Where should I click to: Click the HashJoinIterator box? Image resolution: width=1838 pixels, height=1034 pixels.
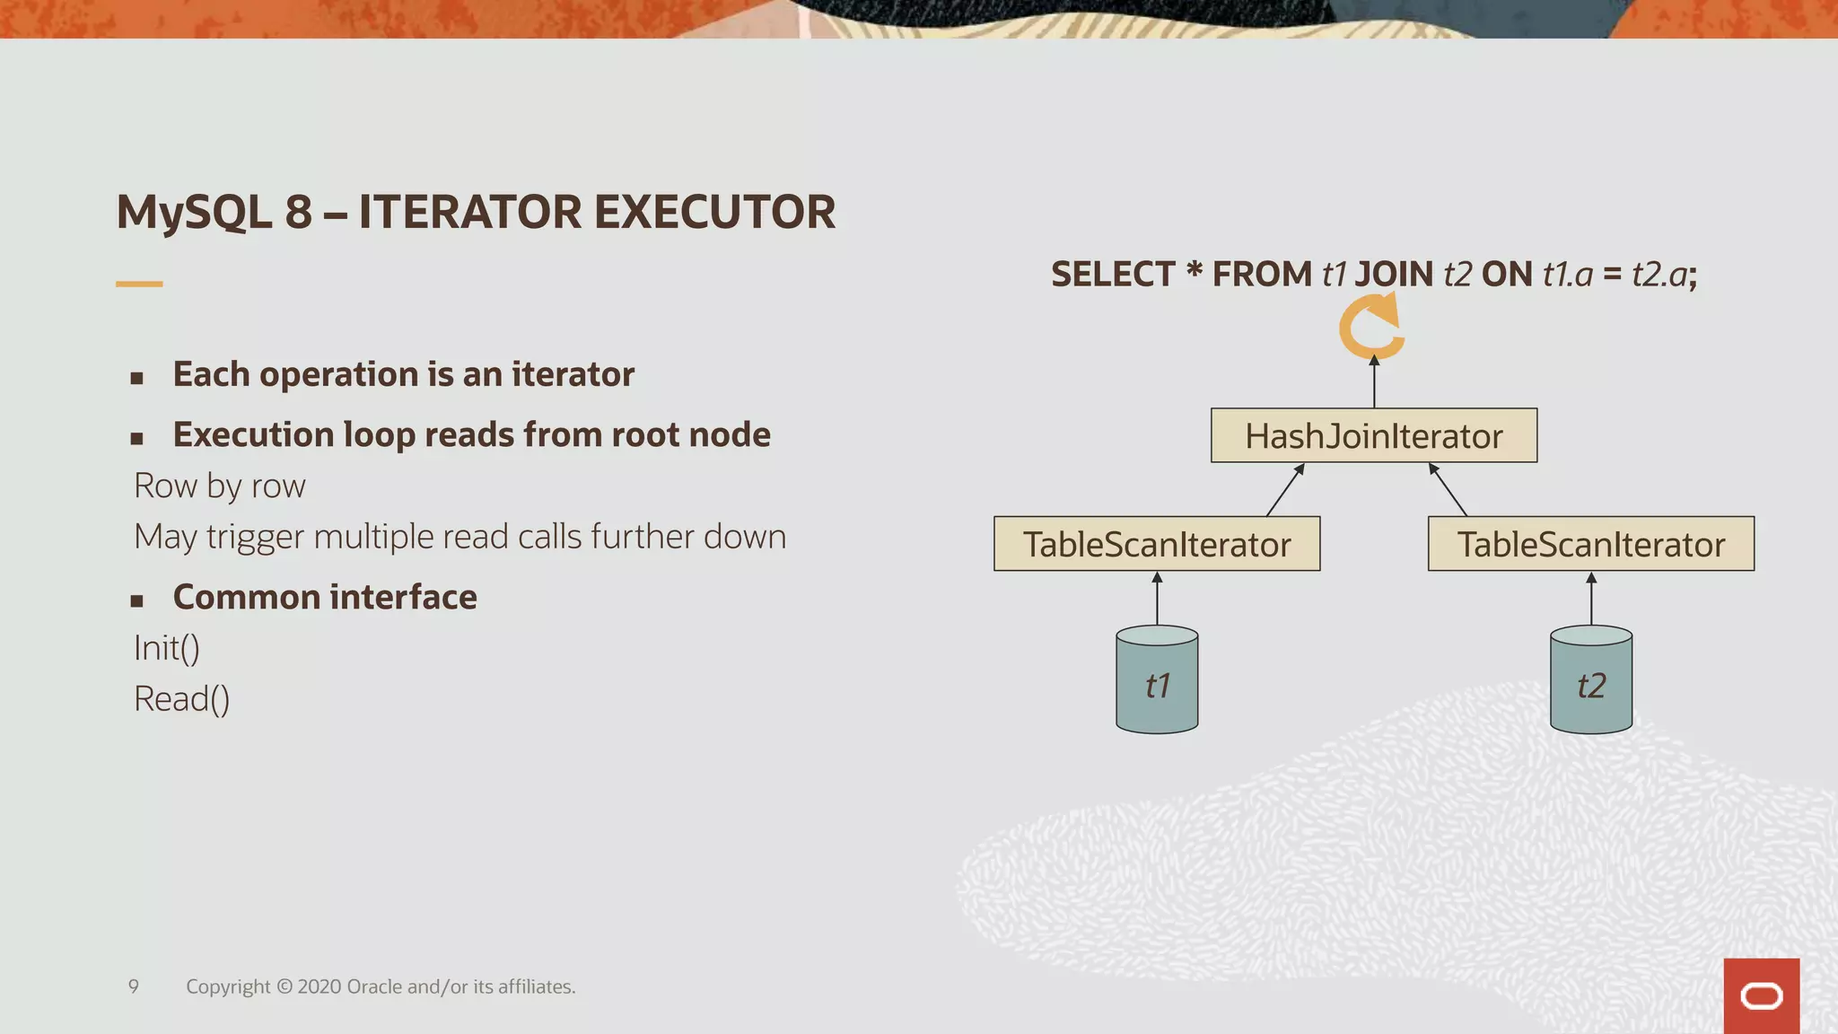[1373, 436]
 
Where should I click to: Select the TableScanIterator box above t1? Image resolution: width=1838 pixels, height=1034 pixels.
[1157, 544]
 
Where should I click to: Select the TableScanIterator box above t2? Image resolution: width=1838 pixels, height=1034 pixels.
[1590, 544]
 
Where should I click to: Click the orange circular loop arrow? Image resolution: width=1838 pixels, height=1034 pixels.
[1370, 329]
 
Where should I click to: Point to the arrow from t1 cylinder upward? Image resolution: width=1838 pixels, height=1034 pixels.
[1157, 599]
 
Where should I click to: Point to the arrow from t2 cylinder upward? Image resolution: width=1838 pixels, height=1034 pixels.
[1591, 599]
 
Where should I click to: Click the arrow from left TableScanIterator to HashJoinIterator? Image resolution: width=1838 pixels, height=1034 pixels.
[1285, 490]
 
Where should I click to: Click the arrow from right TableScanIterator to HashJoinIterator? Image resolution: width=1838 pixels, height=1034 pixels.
[1448, 490]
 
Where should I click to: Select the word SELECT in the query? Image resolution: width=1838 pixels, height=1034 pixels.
[1113, 275]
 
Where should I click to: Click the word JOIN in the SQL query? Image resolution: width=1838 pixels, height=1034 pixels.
[1394, 275]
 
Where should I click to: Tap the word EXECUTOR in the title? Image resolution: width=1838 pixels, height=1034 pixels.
[714, 213]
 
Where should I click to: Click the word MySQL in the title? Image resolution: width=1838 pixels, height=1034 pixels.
[194, 213]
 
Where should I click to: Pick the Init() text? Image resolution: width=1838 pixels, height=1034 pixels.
[167, 648]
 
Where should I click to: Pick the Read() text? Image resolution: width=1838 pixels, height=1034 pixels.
[181, 699]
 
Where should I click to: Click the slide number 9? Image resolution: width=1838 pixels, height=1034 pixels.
[134, 986]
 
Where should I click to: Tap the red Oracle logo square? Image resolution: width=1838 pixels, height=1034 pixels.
[1761, 995]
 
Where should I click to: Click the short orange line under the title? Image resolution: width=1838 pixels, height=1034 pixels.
[139, 284]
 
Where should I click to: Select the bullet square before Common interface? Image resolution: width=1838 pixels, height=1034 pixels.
[136, 600]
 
